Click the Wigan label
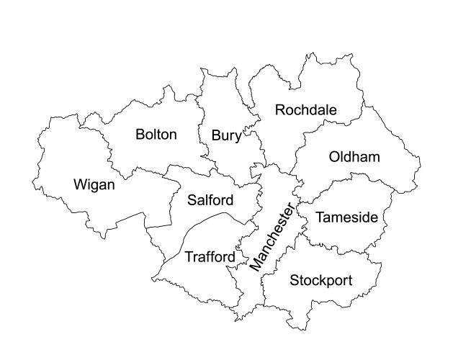[x=94, y=185]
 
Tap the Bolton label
[x=156, y=135]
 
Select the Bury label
[x=226, y=136]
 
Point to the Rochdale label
[x=306, y=110]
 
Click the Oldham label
[x=354, y=157]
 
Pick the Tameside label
[x=346, y=217]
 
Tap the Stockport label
[x=320, y=280]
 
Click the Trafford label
[x=210, y=257]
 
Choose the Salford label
[x=210, y=199]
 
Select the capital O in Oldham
[x=334, y=157]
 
